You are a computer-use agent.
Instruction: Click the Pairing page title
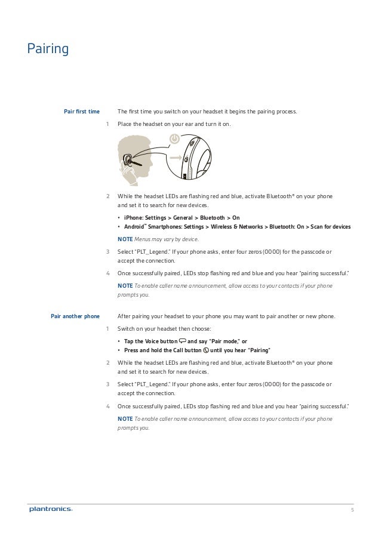tap(48, 48)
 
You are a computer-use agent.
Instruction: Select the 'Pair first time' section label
tap(81, 111)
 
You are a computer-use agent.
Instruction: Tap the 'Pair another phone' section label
tap(75, 316)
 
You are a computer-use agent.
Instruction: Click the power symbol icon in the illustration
tap(174, 138)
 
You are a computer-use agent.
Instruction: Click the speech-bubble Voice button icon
tap(183, 341)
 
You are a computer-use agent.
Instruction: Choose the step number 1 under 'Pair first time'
tap(107, 124)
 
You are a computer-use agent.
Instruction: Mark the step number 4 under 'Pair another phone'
tap(107, 406)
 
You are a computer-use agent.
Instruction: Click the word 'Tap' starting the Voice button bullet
tap(128, 341)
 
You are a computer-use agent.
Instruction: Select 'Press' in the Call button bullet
tap(132, 350)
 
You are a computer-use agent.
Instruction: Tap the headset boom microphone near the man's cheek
tap(137, 162)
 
